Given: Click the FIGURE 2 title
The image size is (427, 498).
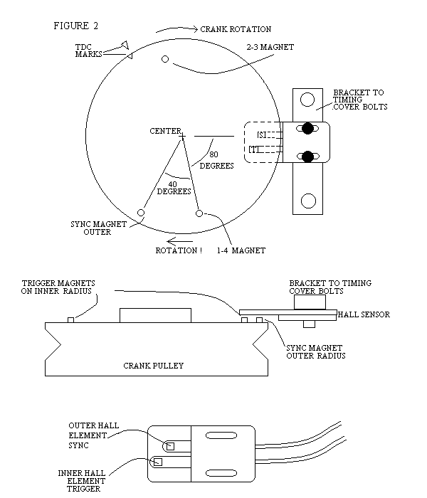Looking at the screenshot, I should [76, 26].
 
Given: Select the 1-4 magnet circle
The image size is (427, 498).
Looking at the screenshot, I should [199, 213].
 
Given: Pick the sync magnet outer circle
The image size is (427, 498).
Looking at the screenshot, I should [141, 213].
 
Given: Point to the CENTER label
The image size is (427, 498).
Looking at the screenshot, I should [164, 131].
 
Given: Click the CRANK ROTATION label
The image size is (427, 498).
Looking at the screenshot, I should [236, 29].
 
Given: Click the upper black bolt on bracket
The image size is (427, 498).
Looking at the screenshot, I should [307, 128].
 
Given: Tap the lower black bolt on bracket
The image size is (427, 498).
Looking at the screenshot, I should [307, 157].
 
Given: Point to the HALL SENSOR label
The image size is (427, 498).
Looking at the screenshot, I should [366, 314].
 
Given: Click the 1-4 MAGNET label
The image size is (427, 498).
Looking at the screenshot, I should [242, 250].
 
